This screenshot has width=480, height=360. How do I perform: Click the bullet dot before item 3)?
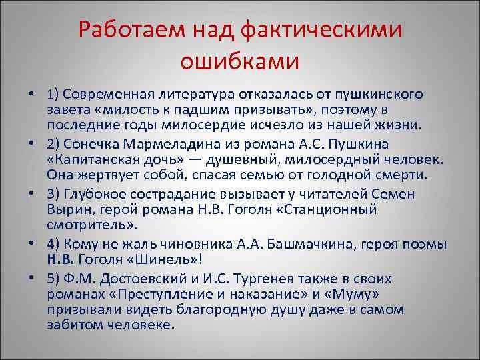coord(33,195)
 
